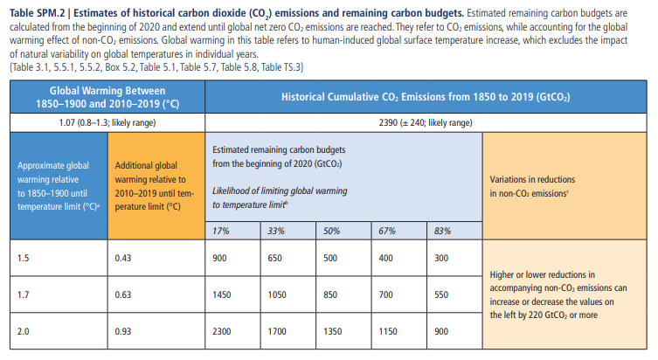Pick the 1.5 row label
24,260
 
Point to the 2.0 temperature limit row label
24,332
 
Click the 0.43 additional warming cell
123,260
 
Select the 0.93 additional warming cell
123,332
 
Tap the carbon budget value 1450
222,295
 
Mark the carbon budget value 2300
222,332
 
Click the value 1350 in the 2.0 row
332,332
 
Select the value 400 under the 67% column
384,260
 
